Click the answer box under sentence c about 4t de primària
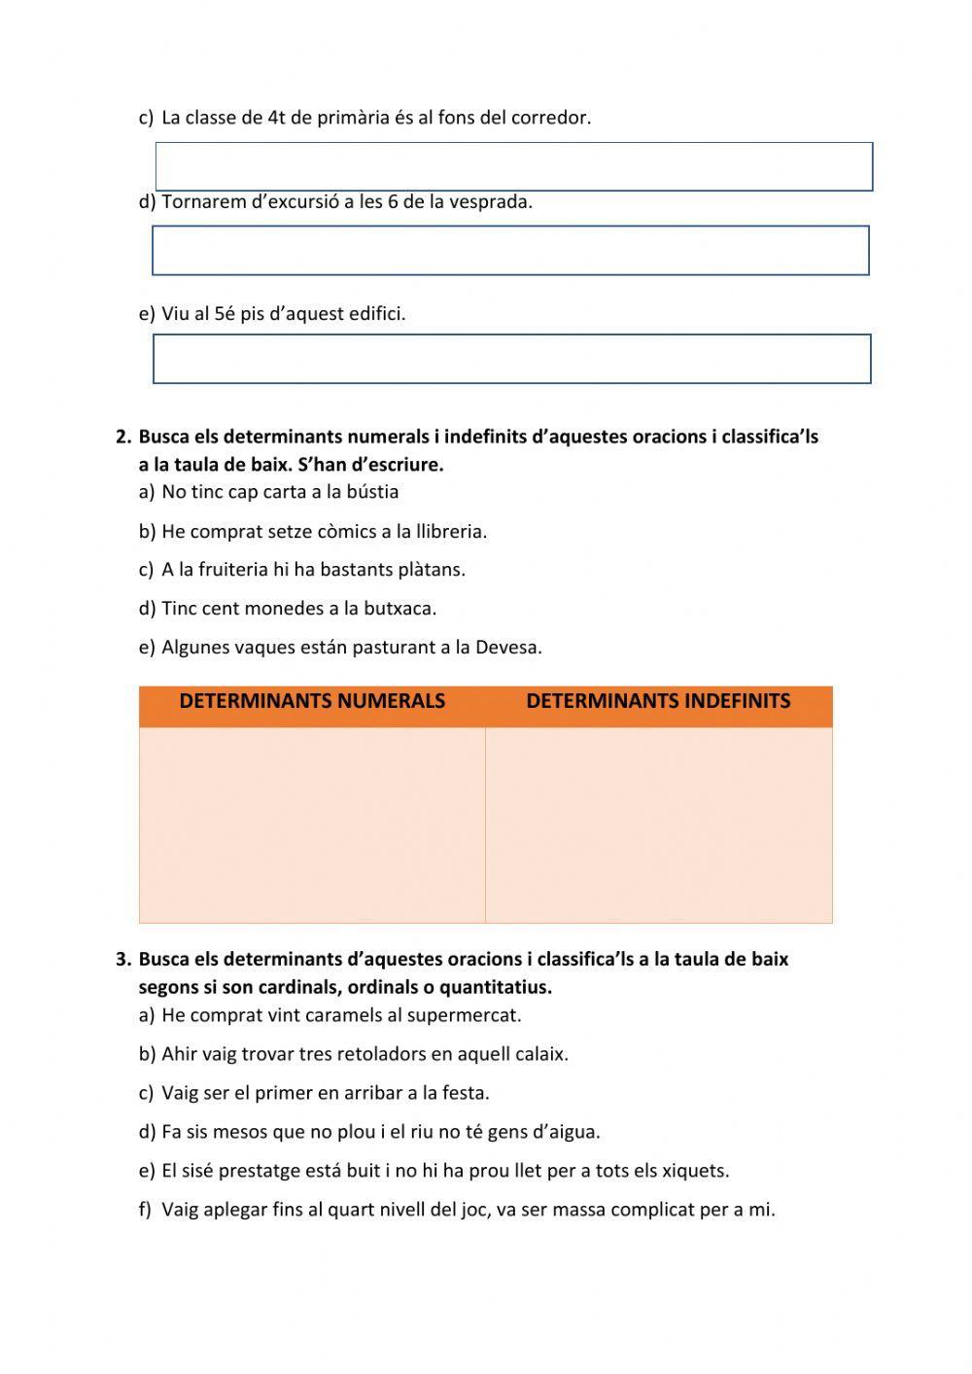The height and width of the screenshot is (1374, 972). click(x=514, y=166)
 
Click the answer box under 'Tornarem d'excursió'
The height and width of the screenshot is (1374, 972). click(x=510, y=251)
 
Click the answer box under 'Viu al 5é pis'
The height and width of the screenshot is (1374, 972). click(x=511, y=359)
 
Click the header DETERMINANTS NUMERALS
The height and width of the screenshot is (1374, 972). click(x=312, y=701)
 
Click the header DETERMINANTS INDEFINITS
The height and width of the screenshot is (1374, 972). click(x=658, y=701)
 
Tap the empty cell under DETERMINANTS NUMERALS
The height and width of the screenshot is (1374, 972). click(x=312, y=825)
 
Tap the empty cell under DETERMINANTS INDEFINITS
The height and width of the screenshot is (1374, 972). click(x=658, y=825)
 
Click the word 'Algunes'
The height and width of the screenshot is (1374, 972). click(x=192, y=648)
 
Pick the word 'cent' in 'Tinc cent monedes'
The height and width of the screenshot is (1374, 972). click(x=221, y=609)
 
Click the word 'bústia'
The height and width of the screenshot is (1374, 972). click(x=370, y=492)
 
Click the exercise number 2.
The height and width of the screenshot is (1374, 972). click(x=122, y=438)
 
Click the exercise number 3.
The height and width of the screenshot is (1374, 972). click(x=122, y=960)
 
